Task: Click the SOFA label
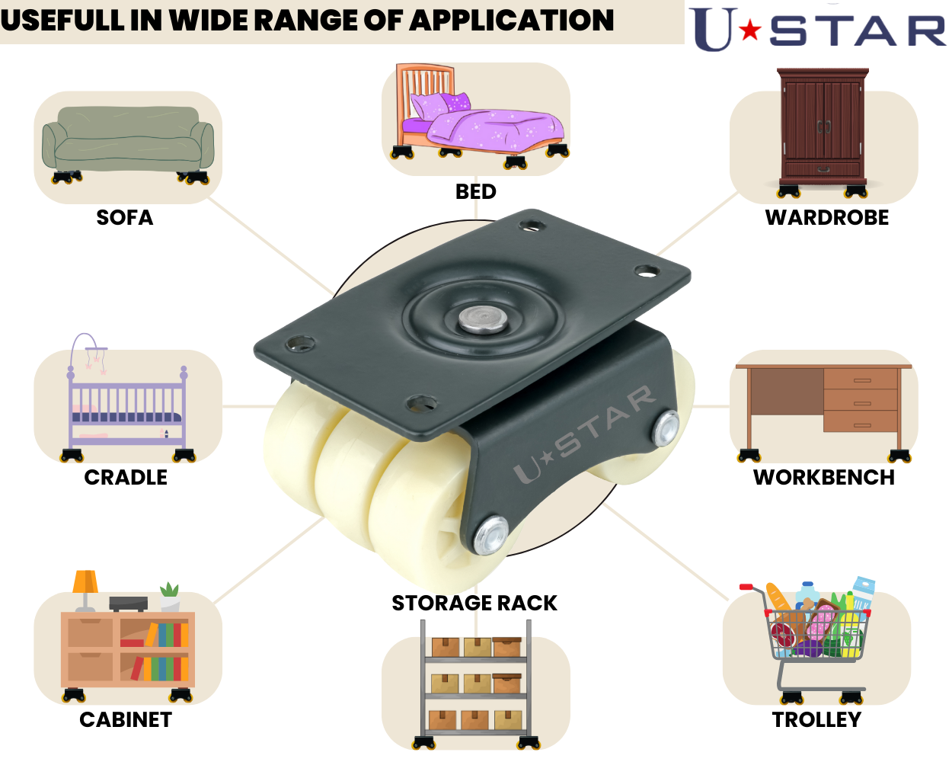point(125,218)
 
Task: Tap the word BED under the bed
point(476,192)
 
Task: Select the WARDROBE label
point(827,218)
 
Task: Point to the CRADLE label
point(126,478)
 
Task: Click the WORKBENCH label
point(824,478)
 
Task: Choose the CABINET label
point(126,720)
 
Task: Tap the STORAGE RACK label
point(474,604)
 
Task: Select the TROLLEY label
point(816,720)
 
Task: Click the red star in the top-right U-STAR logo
point(750,30)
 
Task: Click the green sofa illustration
point(127,141)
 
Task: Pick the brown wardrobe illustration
point(823,126)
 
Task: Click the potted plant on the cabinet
point(170,595)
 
